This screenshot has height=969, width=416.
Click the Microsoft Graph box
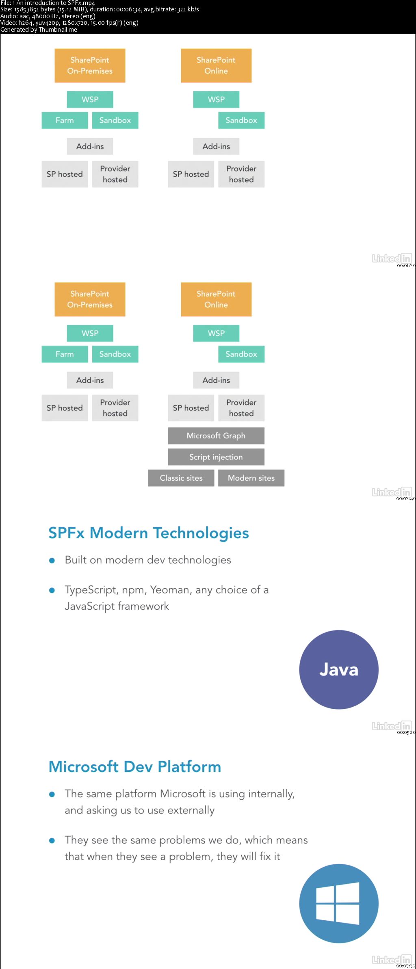point(216,436)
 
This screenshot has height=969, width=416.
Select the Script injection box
point(216,457)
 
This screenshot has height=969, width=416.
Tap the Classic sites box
point(181,478)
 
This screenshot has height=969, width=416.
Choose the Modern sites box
point(251,478)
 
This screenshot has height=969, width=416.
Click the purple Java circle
point(338,669)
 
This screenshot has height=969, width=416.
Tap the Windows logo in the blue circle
point(338,903)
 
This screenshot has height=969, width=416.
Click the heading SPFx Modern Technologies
point(148,533)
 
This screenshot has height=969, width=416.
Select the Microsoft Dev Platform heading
point(134,766)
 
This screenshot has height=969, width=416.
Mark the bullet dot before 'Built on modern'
point(52,561)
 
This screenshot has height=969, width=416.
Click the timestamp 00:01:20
point(406,265)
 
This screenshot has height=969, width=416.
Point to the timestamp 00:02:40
point(405,499)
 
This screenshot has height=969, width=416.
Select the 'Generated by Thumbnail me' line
point(39,30)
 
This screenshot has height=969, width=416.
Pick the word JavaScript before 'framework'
point(90,606)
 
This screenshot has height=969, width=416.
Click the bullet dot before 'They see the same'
point(52,841)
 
